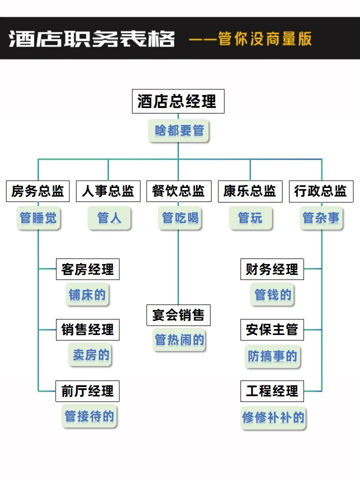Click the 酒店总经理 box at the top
[x=177, y=101]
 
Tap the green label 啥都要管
[x=179, y=131]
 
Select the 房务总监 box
[x=38, y=191]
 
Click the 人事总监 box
[x=108, y=191]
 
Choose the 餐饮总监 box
[x=178, y=191]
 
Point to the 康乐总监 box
[x=249, y=191]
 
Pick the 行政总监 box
[x=320, y=191]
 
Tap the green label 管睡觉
[x=38, y=218]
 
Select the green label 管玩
[x=250, y=218]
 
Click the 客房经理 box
[x=87, y=269]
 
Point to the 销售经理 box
[x=87, y=330]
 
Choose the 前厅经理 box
[x=87, y=391]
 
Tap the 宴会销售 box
[x=178, y=315]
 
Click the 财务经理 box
[x=272, y=269]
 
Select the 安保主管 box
[x=272, y=330]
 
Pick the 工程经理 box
[x=272, y=391]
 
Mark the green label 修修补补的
[x=273, y=417]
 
